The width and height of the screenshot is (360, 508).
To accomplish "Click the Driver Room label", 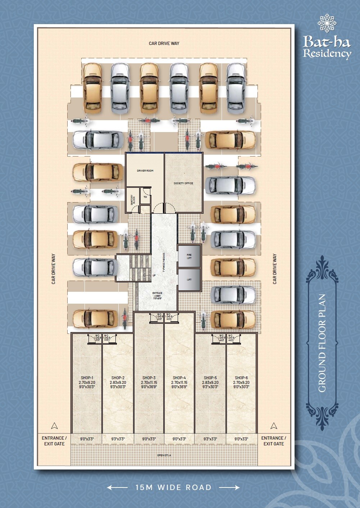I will (x=145, y=171).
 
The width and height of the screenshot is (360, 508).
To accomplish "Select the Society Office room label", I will (x=183, y=183).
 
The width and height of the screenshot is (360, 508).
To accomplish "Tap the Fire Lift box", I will (x=189, y=257).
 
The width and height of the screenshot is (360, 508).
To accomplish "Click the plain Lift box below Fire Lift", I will (x=189, y=280).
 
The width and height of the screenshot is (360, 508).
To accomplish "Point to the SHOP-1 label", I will (x=87, y=378).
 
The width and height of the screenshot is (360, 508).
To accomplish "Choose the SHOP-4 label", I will (x=179, y=378).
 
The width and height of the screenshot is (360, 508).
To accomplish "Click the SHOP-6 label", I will (x=241, y=378).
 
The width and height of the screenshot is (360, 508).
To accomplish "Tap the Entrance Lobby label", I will (x=157, y=295).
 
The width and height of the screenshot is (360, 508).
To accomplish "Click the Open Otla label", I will (x=164, y=455).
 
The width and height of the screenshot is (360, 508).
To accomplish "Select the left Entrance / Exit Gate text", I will (x=54, y=441).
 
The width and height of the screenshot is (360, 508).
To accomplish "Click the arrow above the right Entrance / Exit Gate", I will (x=274, y=426).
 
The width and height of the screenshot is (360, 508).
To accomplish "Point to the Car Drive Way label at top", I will (x=164, y=44).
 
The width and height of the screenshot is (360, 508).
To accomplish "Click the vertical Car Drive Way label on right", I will (x=275, y=269).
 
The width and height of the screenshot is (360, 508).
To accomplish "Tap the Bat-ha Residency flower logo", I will (x=327, y=23).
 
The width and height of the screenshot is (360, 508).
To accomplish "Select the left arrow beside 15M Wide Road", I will (x=117, y=487).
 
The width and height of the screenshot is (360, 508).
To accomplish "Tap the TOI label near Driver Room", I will (x=145, y=197).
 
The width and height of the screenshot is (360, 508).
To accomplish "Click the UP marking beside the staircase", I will (x=154, y=275).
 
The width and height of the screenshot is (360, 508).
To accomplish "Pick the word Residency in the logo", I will (x=327, y=54).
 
